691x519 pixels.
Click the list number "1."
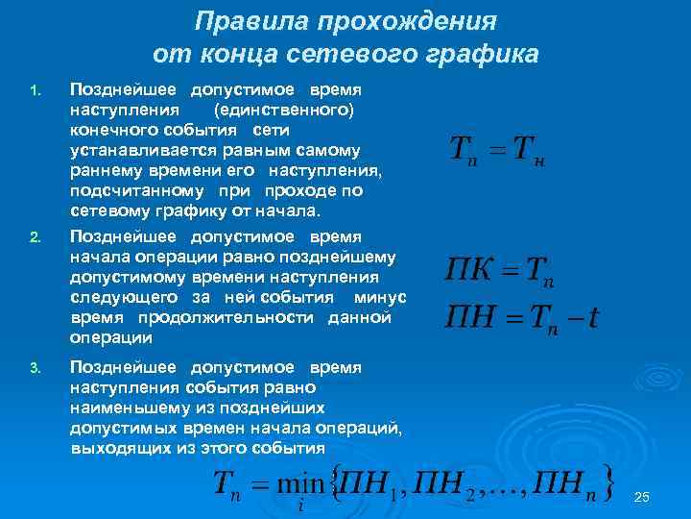tap(35, 93)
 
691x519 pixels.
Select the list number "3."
tap(35, 368)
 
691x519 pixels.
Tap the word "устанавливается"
tap(134, 150)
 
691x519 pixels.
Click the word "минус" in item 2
tap(380, 297)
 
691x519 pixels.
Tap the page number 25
tap(643, 496)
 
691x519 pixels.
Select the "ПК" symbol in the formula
tap(469, 270)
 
